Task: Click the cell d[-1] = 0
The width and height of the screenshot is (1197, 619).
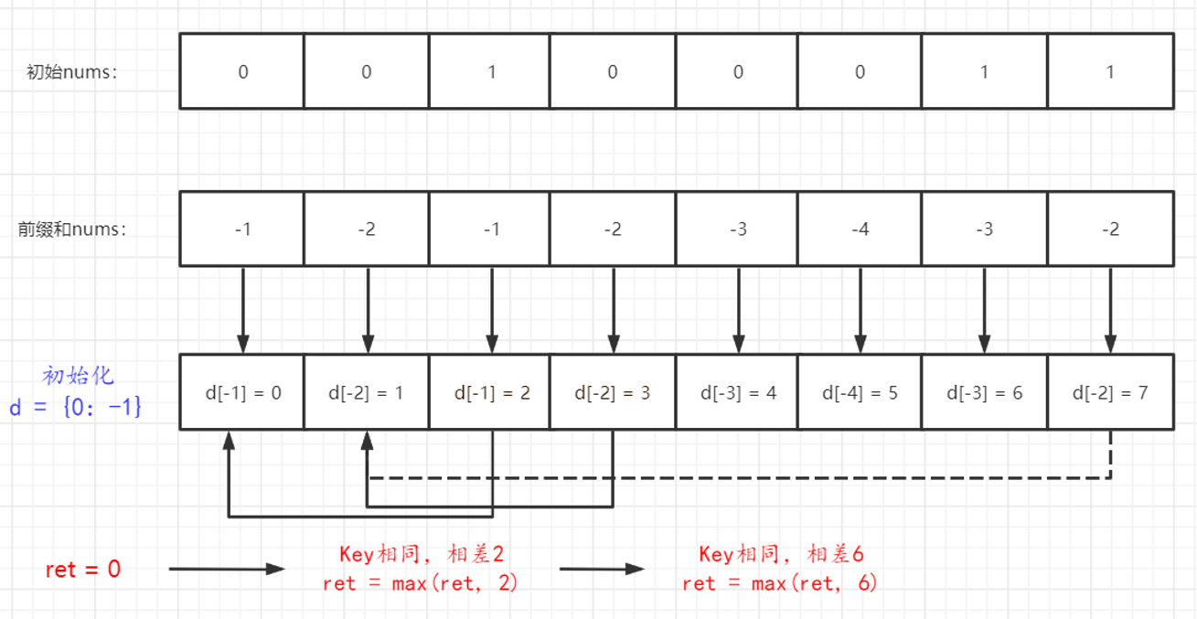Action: click(x=242, y=392)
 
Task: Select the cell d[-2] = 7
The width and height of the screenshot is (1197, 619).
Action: click(x=1109, y=392)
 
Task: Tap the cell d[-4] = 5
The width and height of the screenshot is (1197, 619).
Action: click(x=860, y=392)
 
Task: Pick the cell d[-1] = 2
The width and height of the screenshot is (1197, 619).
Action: click(x=491, y=392)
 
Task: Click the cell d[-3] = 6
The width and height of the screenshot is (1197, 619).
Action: click(x=984, y=392)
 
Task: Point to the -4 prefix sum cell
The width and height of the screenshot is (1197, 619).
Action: click(x=860, y=229)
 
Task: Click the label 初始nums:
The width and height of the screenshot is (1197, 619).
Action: click(x=72, y=72)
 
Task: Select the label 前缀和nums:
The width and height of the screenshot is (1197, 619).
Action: click(x=72, y=229)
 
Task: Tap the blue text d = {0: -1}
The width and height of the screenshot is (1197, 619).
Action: click(x=76, y=407)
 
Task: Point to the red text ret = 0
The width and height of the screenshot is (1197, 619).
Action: click(x=83, y=570)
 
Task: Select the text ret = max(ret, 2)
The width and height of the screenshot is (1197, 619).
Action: click(x=420, y=583)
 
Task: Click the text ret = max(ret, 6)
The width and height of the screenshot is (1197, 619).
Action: click(x=780, y=583)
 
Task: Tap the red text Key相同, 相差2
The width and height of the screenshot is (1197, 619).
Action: click(x=422, y=554)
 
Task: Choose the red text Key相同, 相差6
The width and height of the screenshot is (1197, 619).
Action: click(x=782, y=554)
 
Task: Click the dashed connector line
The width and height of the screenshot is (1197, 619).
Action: click(x=732, y=477)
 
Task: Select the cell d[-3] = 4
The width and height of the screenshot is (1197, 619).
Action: click(x=738, y=392)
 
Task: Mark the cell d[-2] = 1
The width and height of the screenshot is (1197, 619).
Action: click(x=366, y=392)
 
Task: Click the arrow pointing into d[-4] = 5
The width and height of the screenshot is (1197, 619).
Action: click(x=860, y=311)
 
